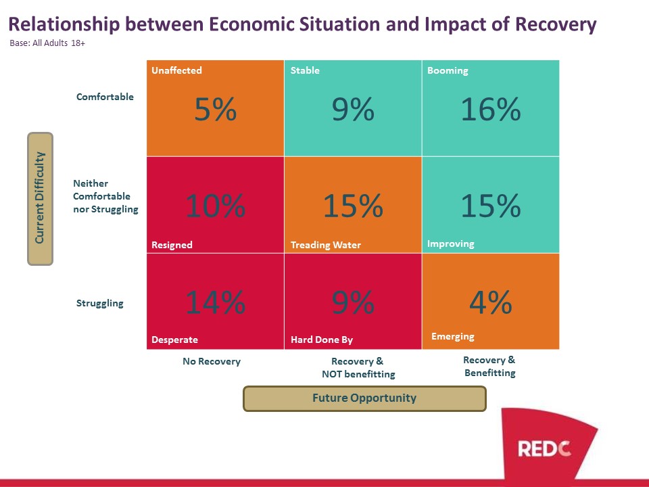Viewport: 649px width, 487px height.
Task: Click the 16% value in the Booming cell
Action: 491,110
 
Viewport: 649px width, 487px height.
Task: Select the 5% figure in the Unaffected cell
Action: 215,110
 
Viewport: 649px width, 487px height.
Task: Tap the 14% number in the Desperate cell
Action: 215,302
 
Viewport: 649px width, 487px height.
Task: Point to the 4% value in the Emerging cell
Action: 491,302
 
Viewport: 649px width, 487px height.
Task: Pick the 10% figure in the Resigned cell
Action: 215,206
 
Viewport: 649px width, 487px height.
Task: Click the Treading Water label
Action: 326,245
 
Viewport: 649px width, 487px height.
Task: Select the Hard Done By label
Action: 322,340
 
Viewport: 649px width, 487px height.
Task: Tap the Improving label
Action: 451,244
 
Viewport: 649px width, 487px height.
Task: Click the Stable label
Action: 305,70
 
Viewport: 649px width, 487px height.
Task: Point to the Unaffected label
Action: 176,70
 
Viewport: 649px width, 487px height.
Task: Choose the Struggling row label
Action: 100,303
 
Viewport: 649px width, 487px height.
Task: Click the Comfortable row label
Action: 105,97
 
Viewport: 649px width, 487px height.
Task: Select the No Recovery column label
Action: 212,361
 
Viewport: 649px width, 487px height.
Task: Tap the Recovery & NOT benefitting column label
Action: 358,368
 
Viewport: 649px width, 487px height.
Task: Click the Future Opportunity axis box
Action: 364,398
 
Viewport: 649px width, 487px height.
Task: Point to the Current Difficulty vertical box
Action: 40,199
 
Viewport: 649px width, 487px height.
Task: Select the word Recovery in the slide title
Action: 556,24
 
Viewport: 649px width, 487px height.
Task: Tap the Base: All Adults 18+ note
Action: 47,43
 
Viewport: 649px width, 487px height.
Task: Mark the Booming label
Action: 448,70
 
